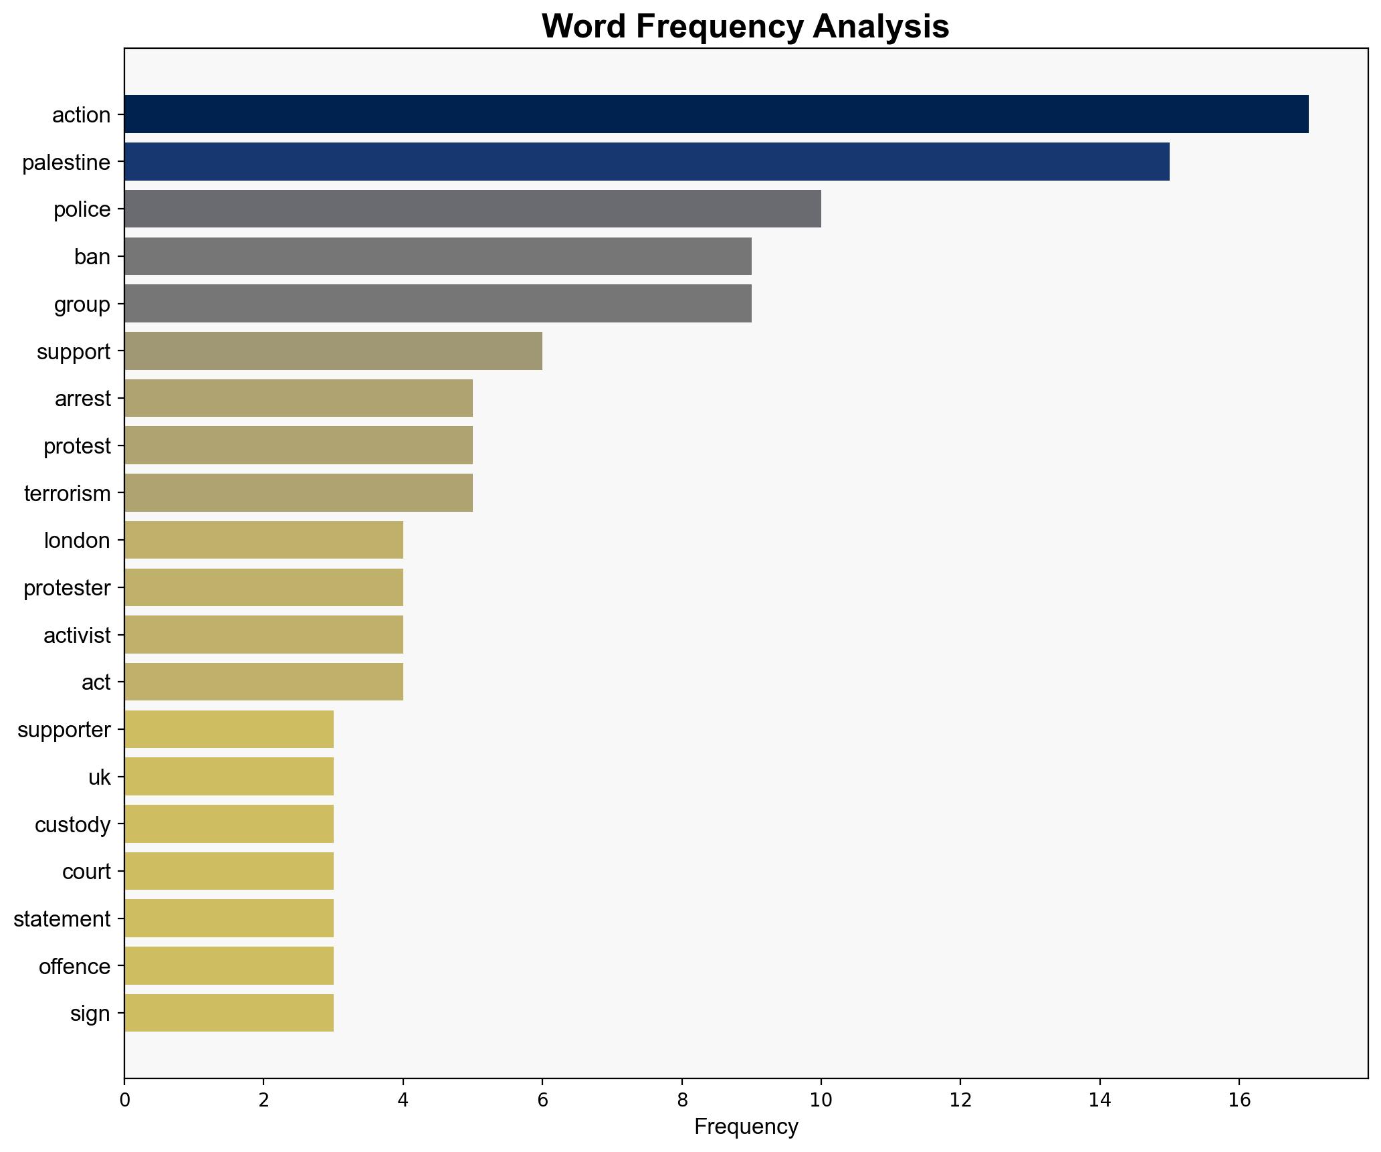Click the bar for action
tap(716, 114)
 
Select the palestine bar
tap(646, 162)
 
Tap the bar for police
tap(472, 209)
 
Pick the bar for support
tap(333, 351)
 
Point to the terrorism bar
tap(298, 493)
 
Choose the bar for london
tap(263, 541)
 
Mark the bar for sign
tap(229, 1014)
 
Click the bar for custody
tap(229, 824)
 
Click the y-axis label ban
tap(92, 257)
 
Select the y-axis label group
tap(82, 304)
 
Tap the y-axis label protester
tap(67, 588)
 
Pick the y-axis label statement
tap(62, 919)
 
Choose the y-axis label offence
tap(74, 967)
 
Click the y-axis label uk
tap(99, 777)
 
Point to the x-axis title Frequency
tap(746, 1127)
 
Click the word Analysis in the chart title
tap(881, 27)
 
